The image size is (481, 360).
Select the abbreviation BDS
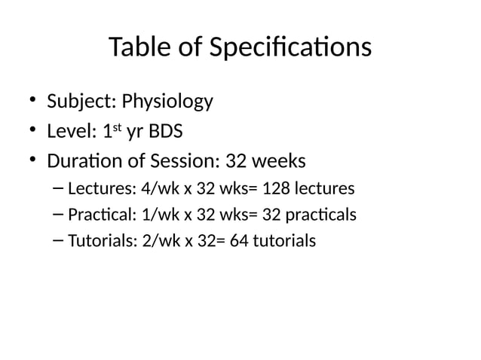164,133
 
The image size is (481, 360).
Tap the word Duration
81,163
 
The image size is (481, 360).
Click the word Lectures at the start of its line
98,188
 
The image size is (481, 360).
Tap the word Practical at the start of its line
99,215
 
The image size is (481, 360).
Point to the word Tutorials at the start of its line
100,242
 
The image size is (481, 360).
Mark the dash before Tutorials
59,241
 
